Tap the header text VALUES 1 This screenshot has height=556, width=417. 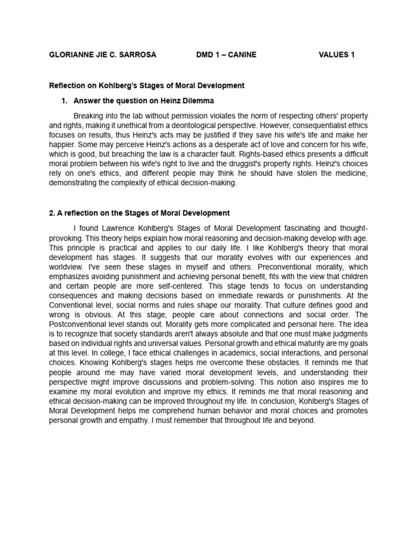click(336, 55)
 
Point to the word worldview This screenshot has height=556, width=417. click(67, 267)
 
